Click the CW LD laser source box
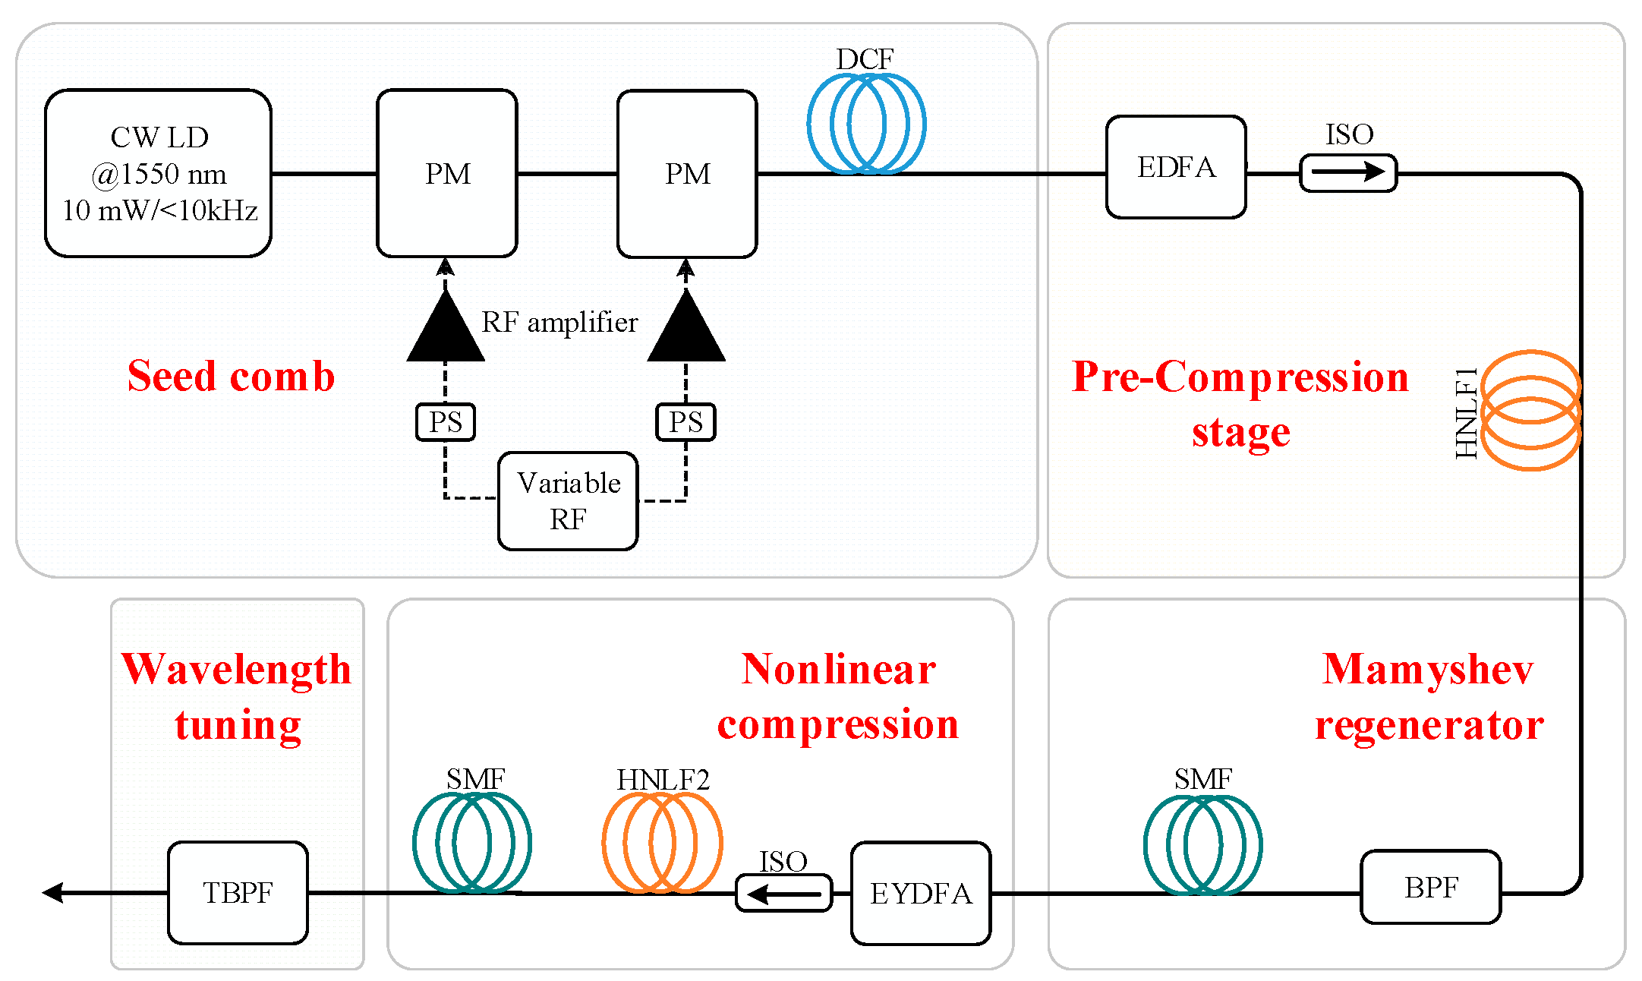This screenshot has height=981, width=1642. coord(158,173)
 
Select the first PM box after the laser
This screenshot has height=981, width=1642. coord(447,173)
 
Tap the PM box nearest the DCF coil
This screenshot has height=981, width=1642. coord(687,173)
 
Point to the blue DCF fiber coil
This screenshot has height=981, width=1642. coord(866,124)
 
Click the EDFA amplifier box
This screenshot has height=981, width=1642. coord(1176,167)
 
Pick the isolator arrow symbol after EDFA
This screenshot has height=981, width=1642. coord(1348,172)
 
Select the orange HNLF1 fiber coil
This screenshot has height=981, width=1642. coord(1530,410)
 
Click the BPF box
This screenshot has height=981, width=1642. coord(1431,887)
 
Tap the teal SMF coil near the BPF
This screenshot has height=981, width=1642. coord(1202,844)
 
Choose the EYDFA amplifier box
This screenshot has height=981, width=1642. coord(921,893)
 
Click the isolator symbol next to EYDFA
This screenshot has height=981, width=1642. coord(783,894)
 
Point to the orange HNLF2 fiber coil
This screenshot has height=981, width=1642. coord(662,842)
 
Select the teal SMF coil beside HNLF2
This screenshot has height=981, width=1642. coord(472,842)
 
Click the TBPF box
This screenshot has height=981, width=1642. coord(238,893)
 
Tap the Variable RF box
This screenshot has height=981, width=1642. coord(568,501)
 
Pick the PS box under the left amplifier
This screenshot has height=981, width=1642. coord(446,422)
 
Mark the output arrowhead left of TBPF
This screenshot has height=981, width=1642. coord(53,893)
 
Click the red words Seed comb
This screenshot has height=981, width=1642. coord(231,377)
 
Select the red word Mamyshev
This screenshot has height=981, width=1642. coord(1427,670)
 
